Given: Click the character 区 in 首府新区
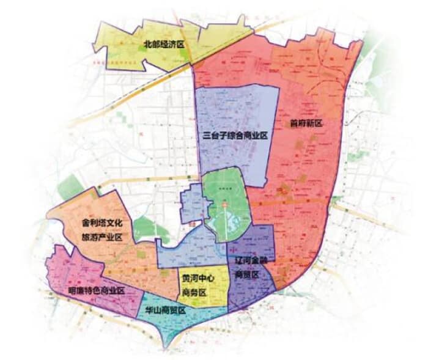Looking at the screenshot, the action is [318, 123].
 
